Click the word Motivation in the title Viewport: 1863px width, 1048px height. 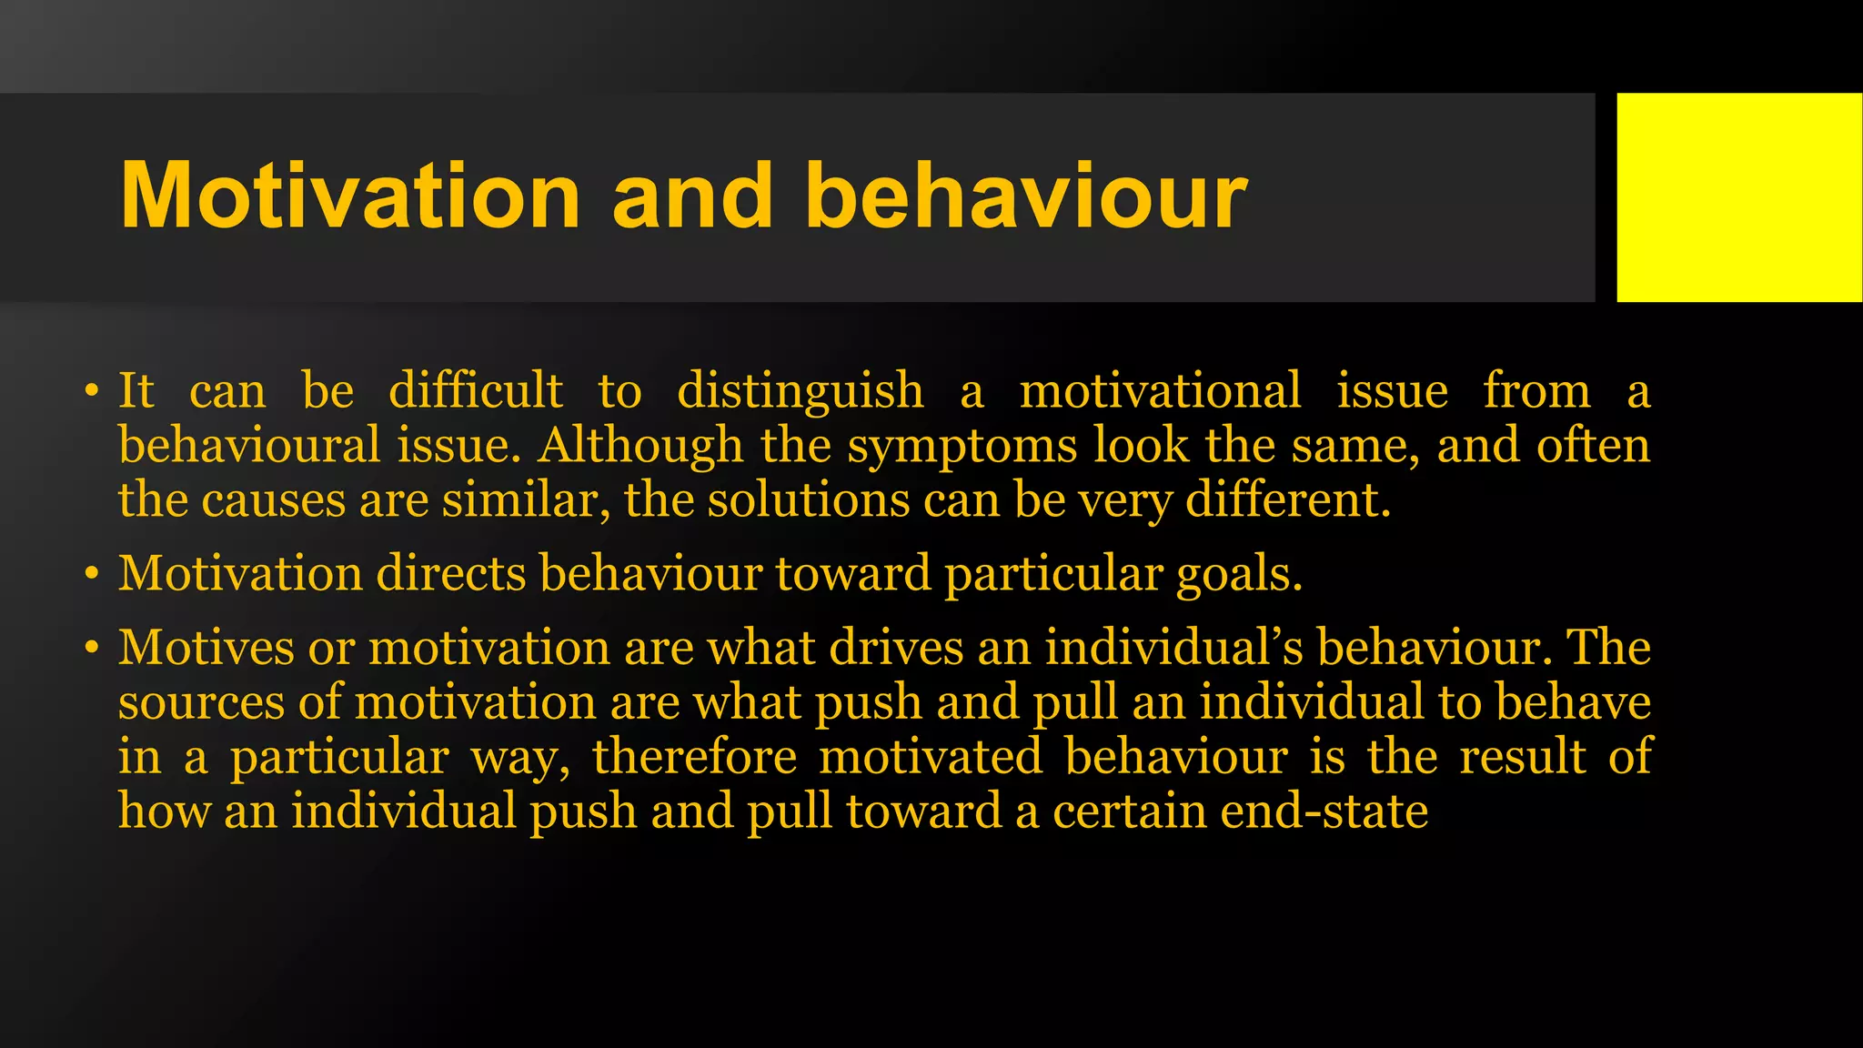(x=350, y=196)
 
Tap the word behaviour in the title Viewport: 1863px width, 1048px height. (x=1025, y=196)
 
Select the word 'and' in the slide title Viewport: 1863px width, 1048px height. (x=692, y=196)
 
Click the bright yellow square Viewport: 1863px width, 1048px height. (x=1738, y=196)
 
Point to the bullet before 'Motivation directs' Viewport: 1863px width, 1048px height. (x=91, y=576)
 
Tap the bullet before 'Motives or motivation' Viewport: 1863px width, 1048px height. (x=91, y=650)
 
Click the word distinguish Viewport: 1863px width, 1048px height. (x=800, y=392)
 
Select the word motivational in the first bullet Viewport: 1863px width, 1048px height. (x=1160, y=392)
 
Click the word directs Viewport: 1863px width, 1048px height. (x=450, y=574)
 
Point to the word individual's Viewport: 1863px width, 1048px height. (x=1173, y=648)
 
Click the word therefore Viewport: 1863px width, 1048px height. (x=694, y=757)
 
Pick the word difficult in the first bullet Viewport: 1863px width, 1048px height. (x=476, y=392)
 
